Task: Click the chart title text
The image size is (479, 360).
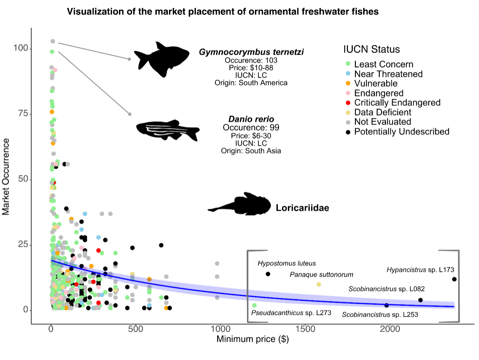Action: pyautogui.click(x=223, y=12)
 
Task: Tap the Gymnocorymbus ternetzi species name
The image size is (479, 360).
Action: pyautogui.click(x=251, y=52)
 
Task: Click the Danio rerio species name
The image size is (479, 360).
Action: pyautogui.click(x=251, y=119)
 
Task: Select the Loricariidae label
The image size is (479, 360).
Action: pyautogui.click(x=302, y=208)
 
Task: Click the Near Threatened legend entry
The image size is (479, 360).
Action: pyautogui.click(x=388, y=74)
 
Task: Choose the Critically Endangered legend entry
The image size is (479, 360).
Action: pyautogui.click(x=397, y=103)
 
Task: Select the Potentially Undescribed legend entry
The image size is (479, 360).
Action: pyautogui.click(x=402, y=132)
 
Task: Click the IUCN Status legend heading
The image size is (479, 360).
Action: pyautogui.click(x=371, y=49)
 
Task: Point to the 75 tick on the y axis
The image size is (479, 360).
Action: pyautogui.click(x=23, y=114)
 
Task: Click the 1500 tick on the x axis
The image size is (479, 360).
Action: pyautogui.click(x=306, y=329)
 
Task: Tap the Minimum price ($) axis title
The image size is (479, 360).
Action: pyautogui.click(x=253, y=339)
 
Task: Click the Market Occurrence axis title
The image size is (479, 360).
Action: pyautogui.click(x=6, y=177)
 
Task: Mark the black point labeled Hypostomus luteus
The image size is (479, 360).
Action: pyautogui.click(x=268, y=274)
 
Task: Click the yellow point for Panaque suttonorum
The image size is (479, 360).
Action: pyautogui.click(x=319, y=284)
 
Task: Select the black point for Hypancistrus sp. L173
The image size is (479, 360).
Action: pyautogui.click(x=454, y=279)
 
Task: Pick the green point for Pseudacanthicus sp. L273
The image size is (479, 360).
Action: pyautogui.click(x=254, y=305)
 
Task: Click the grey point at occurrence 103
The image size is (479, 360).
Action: pyautogui.click(x=53, y=41)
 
